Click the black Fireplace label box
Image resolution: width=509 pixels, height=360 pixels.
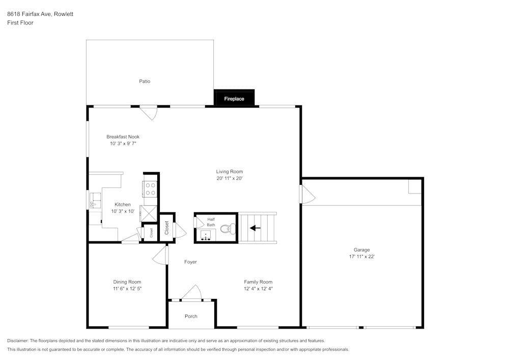(x=234, y=98)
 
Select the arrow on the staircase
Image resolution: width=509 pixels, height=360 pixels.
(x=255, y=228)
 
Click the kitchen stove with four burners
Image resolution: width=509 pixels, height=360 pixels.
(x=151, y=189)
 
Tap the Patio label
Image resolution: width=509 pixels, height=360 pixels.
(x=145, y=81)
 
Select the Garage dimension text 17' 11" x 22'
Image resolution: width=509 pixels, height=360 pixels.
(x=361, y=257)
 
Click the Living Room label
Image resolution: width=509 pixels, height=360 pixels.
(x=230, y=172)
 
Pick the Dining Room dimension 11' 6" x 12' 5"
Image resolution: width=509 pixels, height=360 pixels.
(x=127, y=289)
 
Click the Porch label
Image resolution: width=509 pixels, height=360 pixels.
(x=191, y=316)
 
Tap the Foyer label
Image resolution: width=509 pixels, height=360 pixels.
(x=190, y=262)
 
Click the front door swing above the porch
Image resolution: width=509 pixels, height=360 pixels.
(x=192, y=293)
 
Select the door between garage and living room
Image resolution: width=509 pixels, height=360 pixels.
(x=307, y=195)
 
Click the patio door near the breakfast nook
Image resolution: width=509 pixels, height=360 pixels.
(x=148, y=113)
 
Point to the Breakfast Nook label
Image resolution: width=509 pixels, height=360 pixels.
(x=123, y=136)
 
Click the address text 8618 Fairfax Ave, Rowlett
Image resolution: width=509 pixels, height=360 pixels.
(x=40, y=14)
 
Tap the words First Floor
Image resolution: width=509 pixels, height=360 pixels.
(x=20, y=23)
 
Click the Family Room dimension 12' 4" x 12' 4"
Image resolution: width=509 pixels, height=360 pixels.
(x=258, y=289)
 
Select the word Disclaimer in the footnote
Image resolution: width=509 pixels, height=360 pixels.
(x=18, y=341)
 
